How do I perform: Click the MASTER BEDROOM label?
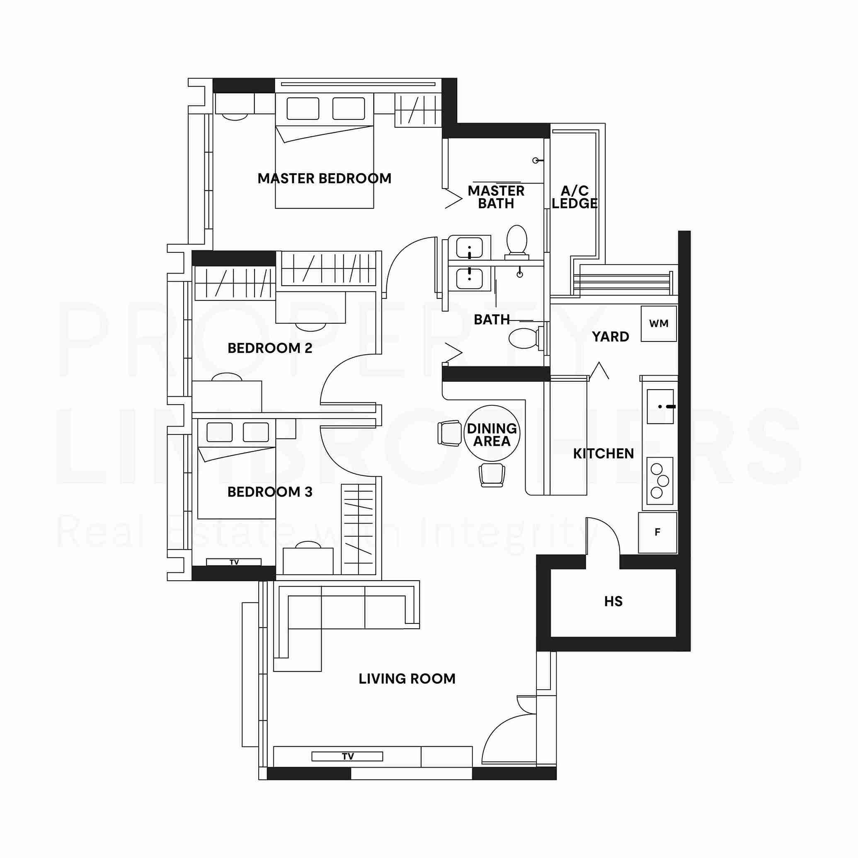(324, 179)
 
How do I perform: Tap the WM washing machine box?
(659, 323)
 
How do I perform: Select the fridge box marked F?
(658, 532)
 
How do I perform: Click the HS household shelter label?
(613, 602)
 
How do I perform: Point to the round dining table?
(492, 433)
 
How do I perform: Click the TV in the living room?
(347, 756)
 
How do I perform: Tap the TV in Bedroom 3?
(234, 562)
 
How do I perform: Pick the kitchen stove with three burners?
(660, 480)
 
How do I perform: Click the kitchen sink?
(660, 406)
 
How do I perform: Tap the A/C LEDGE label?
(574, 197)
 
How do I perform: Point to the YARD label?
(611, 337)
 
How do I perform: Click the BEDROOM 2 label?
(270, 348)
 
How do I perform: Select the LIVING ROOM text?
(407, 679)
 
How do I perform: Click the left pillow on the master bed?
(303, 109)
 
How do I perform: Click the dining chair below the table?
(492, 475)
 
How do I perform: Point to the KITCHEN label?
(604, 453)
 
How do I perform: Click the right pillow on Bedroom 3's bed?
(256, 432)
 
